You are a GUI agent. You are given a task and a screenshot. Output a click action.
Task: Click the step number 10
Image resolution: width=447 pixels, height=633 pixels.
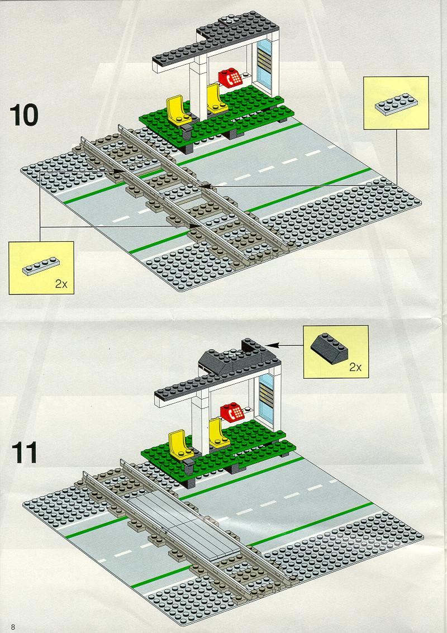pos(24,115)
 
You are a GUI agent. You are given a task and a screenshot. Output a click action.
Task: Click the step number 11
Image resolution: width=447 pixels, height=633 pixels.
pos(24,453)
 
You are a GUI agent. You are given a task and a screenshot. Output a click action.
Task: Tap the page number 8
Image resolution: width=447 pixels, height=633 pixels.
pos(13,627)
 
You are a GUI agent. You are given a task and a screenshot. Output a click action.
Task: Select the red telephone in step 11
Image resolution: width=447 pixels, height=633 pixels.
pos(232,412)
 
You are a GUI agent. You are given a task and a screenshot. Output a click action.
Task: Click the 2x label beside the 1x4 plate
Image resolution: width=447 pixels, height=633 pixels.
pos(61,284)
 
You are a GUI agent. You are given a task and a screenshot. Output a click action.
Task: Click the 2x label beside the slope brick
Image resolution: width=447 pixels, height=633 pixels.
pos(355,368)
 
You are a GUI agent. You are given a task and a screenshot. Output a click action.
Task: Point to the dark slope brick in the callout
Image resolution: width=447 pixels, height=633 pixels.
pos(329,349)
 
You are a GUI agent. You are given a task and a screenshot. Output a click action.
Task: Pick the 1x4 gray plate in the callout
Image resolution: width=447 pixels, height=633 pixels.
pos(41,266)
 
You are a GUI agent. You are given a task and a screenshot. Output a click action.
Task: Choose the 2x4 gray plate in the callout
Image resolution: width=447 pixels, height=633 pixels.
pos(396,104)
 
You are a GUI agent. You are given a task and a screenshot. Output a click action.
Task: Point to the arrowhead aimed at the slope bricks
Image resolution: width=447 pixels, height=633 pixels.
pos(272,345)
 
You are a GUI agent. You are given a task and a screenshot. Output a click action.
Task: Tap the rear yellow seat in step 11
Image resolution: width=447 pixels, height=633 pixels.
pos(218,434)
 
